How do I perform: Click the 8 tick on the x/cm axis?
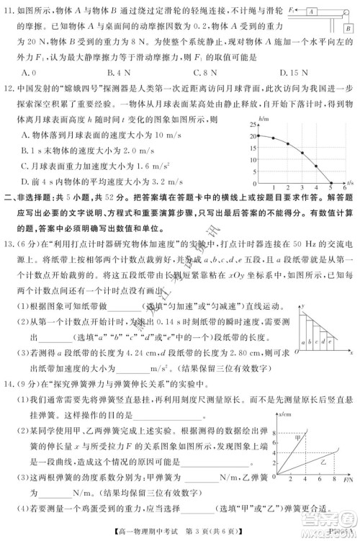click(x=277, y=431)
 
